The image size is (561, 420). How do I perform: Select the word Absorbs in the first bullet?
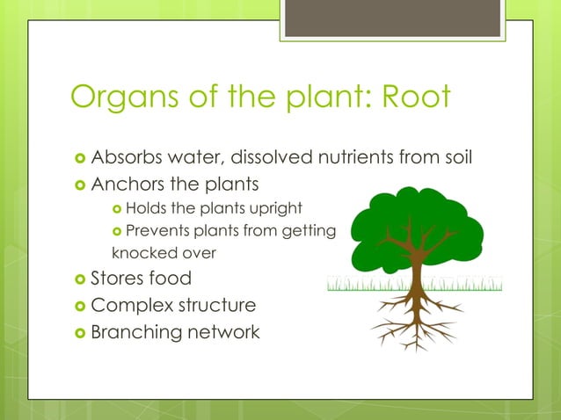[127, 159]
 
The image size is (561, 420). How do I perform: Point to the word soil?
[458, 159]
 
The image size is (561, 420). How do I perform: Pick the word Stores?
[119, 279]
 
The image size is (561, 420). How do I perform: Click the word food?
[171, 279]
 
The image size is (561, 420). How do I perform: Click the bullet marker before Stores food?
[80, 280]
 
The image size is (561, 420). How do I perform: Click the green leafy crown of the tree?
[413, 220]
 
